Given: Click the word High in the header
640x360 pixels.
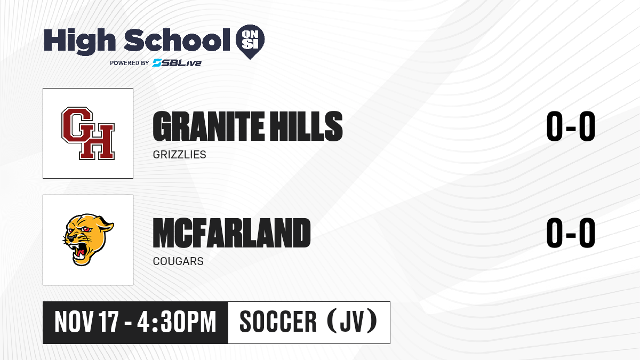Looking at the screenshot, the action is pos(80,42).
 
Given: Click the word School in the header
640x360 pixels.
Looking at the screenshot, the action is pos(177,39).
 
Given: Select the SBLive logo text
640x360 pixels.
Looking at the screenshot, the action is pos(177,63).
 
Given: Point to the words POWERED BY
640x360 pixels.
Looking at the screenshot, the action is pos(130,63).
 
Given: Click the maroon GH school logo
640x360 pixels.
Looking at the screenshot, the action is pos(88,133).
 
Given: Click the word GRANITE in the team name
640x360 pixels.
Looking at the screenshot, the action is pos(209,126).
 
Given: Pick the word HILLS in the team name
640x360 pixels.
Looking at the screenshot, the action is pos(307,126).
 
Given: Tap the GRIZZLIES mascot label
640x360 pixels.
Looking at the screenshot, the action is pos(179,155).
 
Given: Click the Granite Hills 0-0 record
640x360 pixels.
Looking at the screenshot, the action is pos(571,126).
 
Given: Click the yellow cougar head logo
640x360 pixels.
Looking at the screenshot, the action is pos(88,239).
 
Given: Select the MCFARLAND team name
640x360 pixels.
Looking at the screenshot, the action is pos(231,233).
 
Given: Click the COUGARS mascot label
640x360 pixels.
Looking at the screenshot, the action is pos(178,261).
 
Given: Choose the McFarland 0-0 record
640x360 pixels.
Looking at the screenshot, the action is pos(571,233).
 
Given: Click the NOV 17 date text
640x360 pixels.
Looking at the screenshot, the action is pos(86,322).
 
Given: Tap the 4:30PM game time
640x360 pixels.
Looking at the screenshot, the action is pos(177,322).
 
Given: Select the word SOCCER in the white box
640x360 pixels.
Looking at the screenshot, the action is pos(278,322).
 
